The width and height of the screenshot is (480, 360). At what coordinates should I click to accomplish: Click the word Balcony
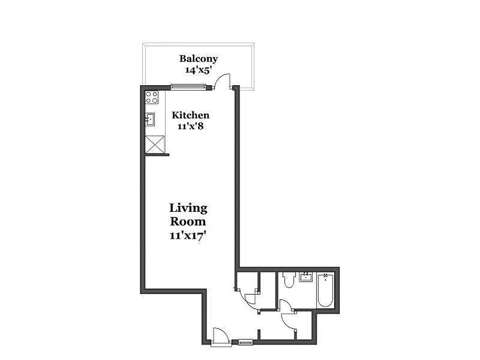(198, 58)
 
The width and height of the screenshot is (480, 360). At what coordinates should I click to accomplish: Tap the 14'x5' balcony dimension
(198, 70)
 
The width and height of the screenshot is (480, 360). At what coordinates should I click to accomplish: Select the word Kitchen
(190, 115)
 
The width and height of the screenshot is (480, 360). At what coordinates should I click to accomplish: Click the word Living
(188, 208)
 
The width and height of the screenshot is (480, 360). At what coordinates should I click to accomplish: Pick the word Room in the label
(188, 221)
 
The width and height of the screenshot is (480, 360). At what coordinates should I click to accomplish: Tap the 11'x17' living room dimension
(188, 235)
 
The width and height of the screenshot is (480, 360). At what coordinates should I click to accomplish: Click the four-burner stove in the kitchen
(152, 97)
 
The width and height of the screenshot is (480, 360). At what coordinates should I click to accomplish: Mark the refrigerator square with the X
(154, 144)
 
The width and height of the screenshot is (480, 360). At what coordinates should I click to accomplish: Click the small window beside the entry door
(246, 343)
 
